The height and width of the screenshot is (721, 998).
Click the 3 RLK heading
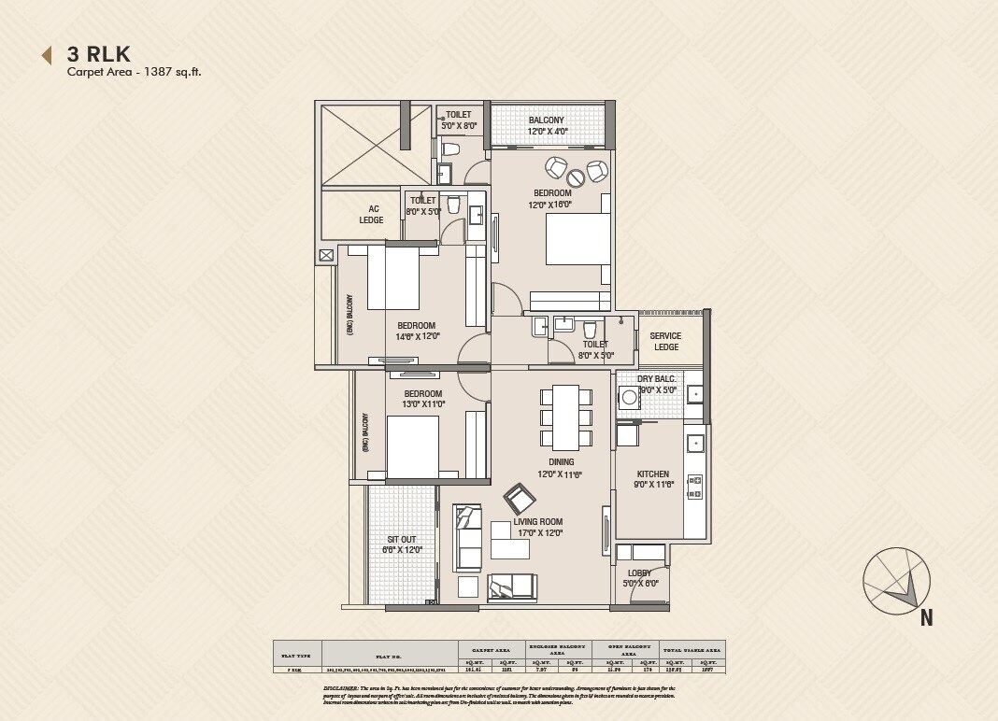coord(98,53)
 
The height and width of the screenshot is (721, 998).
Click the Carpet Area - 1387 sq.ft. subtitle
coord(134,73)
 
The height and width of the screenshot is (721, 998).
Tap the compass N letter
coord(926,616)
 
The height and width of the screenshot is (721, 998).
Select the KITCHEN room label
coord(652,474)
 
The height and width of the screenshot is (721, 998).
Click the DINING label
coord(562,461)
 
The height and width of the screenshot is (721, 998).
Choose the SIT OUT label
coord(402,539)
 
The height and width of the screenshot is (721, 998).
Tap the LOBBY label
coord(639,573)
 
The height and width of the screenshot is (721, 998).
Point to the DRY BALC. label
coord(657,379)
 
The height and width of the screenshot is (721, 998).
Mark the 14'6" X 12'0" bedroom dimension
coord(418,336)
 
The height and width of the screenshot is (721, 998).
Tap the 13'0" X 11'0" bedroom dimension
coord(423,404)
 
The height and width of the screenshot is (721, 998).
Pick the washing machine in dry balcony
coord(630,398)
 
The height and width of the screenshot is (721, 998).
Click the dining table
coord(566,416)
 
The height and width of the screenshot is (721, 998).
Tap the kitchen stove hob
coord(694,486)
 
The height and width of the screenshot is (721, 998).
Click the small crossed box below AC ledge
coord(326,255)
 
